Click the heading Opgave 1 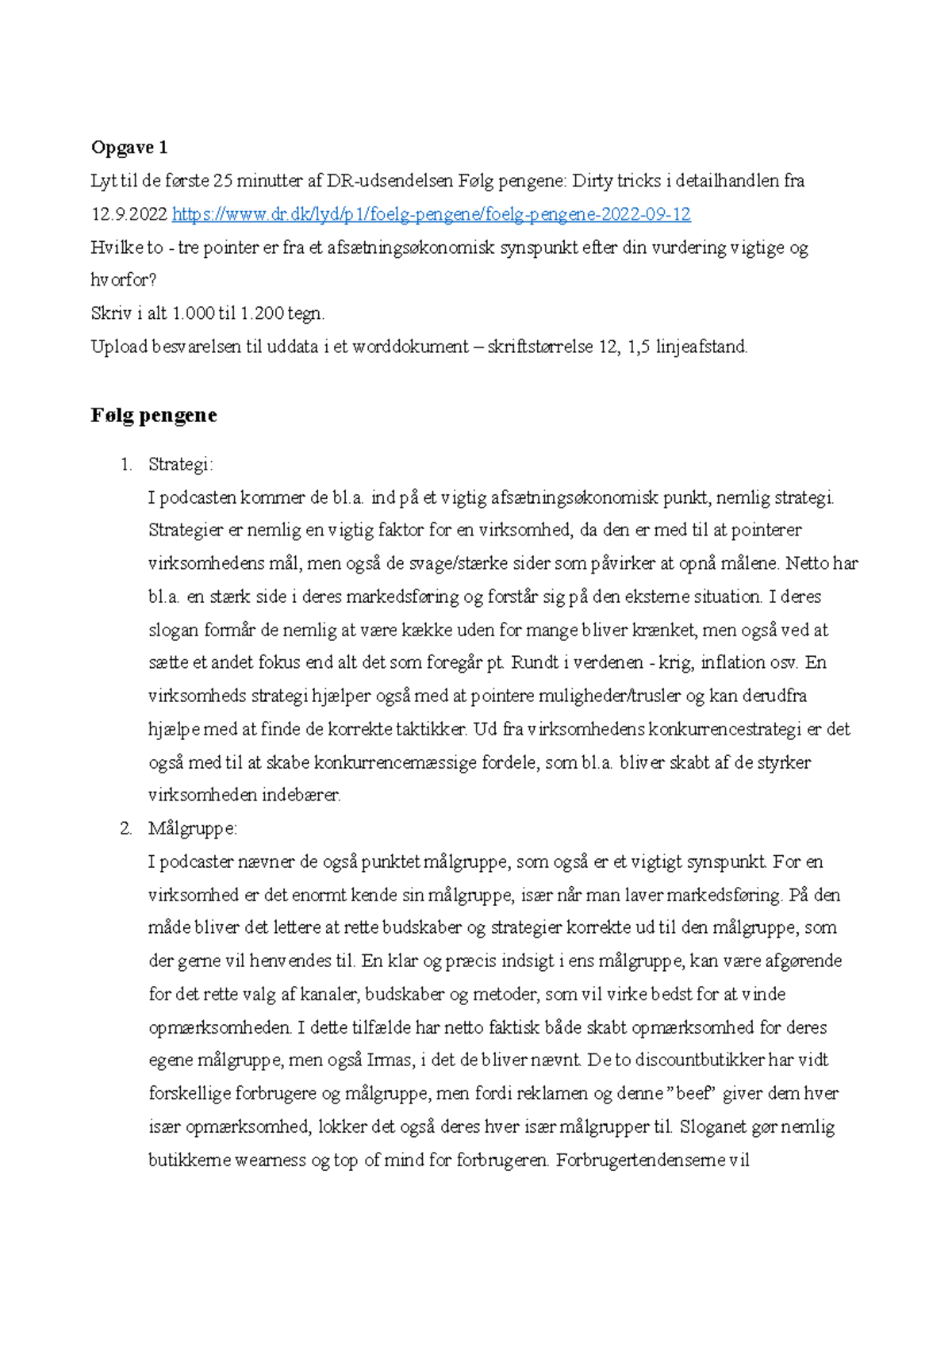pos(129,148)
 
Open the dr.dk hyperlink pos(431,214)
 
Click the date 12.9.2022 pos(129,214)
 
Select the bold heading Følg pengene pos(154,416)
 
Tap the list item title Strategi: pos(180,464)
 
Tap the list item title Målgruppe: pos(192,829)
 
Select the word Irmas pos(390,1060)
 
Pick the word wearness pos(271,1160)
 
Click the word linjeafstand pos(701,347)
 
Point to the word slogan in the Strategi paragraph pos(174,630)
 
